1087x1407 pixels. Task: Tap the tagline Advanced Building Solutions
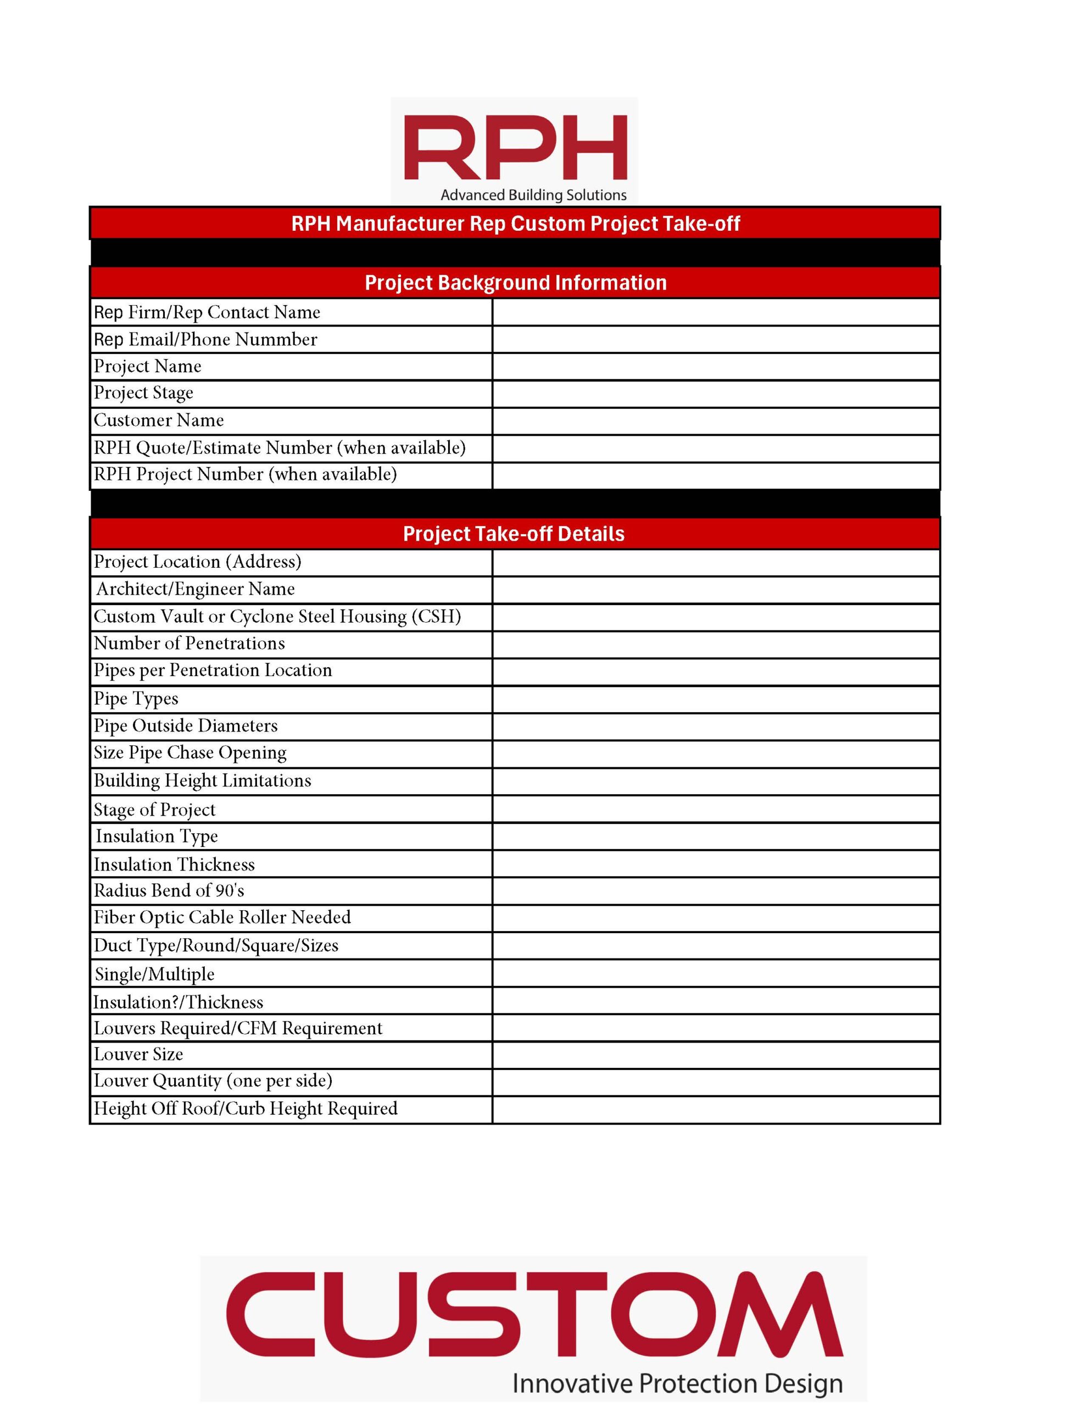click(533, 195)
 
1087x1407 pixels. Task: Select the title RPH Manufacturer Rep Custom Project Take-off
click(515, 224)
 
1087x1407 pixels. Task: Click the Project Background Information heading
click(515, 283)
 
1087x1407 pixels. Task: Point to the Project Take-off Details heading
click(514, 534)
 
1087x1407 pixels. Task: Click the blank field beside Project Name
click(716, 367)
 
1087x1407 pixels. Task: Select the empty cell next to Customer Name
click(716, 420)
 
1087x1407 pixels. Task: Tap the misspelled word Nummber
click(276, 340)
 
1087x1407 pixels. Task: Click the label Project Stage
click(143, 393)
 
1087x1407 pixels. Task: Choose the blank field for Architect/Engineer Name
click(716, 590)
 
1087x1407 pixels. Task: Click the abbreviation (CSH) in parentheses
click(439, 617)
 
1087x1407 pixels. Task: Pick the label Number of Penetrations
click(189, 644)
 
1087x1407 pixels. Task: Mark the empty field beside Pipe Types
click(716, 699)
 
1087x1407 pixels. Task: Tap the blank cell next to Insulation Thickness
click(716, 864)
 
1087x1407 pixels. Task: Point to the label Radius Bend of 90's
click(169, 891)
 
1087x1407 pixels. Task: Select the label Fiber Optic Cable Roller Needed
click(222, 917)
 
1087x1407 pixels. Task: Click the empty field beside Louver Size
click(716, 1055)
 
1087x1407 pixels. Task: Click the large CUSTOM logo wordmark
click(534, 1314)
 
